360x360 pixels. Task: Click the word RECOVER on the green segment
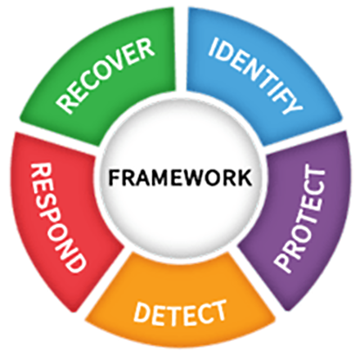[105, 76]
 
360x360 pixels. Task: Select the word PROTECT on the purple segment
[301, 218]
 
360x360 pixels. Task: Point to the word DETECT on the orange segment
[180, 314]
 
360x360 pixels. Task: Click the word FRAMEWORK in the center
[180, 178]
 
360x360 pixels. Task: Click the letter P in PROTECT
[284, 263]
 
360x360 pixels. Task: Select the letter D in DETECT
[142, 313]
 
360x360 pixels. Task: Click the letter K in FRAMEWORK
[245, 178]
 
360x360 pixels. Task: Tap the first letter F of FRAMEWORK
[114, 178]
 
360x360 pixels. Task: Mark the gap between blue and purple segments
[303, 137]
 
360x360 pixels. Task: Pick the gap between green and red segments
[57, 137]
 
